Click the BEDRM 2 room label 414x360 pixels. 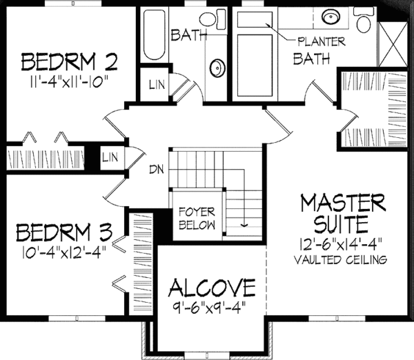pos(70,63)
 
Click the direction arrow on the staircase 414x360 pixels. pos(243,222)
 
